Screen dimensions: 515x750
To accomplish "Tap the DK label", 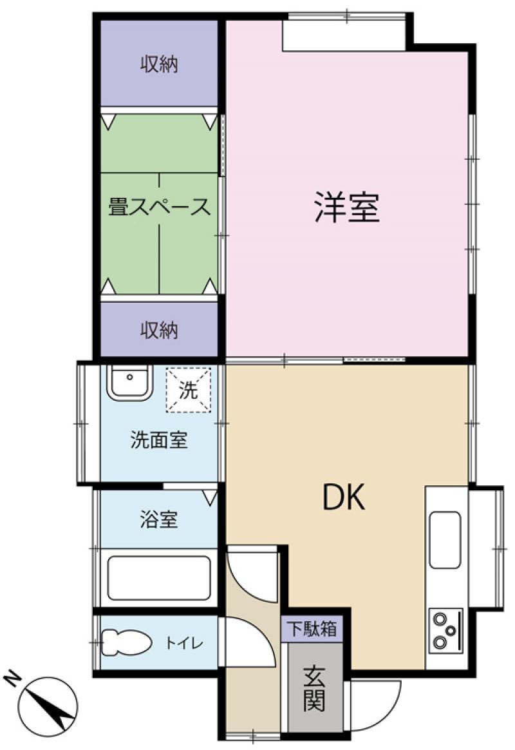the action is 344,497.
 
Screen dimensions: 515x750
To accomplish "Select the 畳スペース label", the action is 159,207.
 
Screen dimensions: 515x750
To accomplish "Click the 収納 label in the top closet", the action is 159,64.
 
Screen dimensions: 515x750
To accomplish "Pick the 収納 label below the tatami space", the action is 159,330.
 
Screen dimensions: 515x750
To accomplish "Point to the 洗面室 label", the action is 159,440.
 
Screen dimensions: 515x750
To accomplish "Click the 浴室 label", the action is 159,519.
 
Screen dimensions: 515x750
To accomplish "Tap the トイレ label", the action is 184,643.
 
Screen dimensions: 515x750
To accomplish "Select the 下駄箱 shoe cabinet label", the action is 311,628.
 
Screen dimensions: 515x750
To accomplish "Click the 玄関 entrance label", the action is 314,688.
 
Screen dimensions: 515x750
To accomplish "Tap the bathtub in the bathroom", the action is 159,578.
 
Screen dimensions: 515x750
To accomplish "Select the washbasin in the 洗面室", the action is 129,382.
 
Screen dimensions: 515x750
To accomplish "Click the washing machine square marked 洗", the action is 188,390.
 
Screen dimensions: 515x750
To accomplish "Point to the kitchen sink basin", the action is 445,540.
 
